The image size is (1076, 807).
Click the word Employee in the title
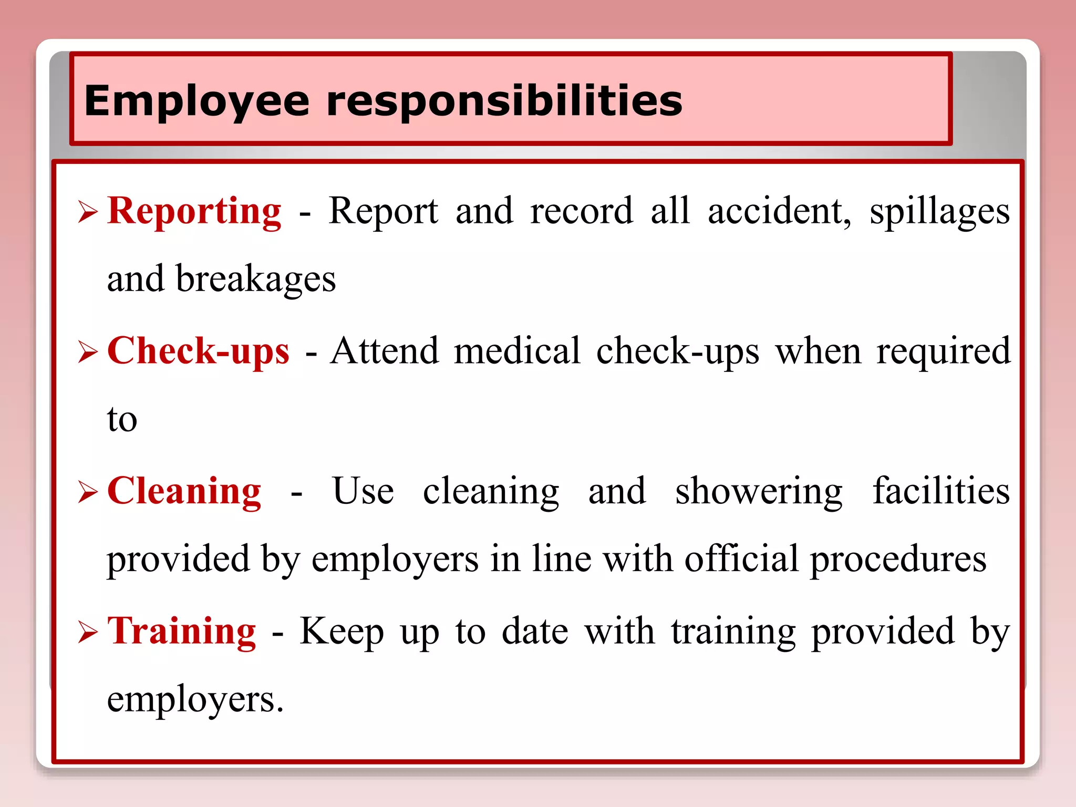coord(196,101)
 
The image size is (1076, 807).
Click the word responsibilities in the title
coord(504,101)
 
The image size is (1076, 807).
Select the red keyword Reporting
coord(194,211)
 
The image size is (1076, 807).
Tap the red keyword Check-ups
coord(198,351)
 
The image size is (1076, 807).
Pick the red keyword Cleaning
coord(184,491)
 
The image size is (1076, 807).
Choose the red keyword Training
coord(182,631)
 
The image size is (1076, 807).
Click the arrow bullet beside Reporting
coord(88,212)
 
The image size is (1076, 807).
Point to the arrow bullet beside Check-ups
coord(88,351)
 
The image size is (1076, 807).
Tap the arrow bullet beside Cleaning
coord(88,492)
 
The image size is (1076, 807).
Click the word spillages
coord(939,211)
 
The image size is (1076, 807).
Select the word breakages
coord(255,279)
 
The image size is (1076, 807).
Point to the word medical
coord(517,351)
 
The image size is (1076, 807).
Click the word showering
coord(759,491)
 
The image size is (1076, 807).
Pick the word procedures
coord(898,559)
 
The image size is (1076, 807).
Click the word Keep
coord(342,632)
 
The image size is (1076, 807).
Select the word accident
coord(779,211)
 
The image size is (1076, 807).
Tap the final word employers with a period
coord(195,700)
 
